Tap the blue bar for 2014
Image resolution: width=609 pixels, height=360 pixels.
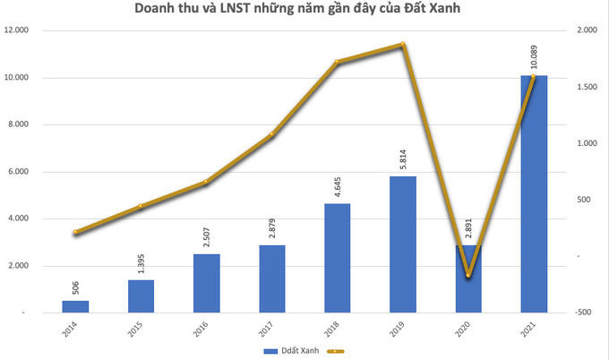(75, 306)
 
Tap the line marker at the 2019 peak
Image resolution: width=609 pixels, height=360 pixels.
(402, 44)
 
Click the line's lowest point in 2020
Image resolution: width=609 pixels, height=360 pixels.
(468, 275)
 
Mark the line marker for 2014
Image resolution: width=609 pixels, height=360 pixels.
(75, 233)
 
